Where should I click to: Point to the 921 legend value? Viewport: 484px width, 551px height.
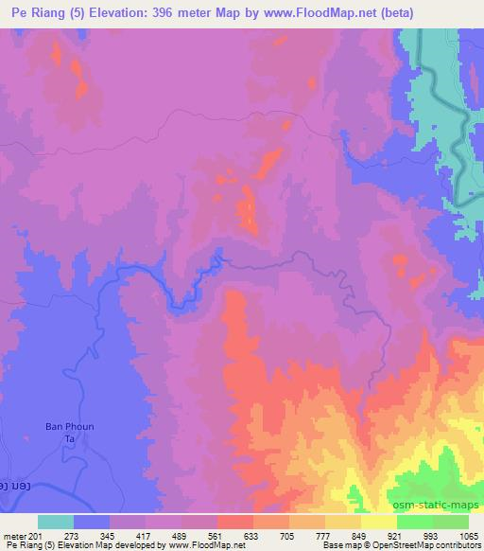(397, 535)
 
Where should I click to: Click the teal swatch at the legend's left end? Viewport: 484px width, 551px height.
(56, 522)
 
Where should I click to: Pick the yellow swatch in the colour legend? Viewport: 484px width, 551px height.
(379, 522)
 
